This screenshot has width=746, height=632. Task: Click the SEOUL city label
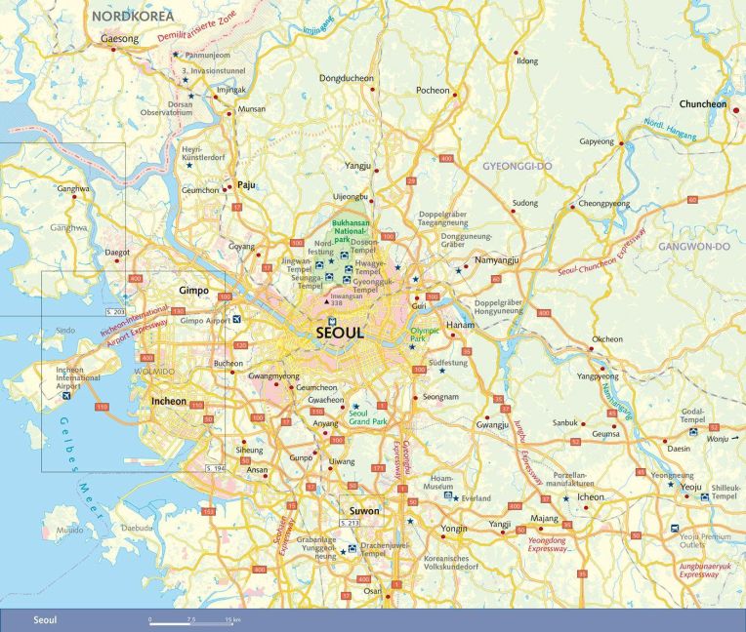(340, 333)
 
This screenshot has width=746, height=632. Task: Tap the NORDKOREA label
(132, 17)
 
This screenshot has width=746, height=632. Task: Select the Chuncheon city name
(704, 103)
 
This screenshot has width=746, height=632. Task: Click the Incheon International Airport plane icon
(65, 396)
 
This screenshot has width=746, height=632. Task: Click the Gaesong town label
(120, 40)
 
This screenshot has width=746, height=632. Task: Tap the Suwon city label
(364, 510)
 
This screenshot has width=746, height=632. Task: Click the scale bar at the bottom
(195, 620)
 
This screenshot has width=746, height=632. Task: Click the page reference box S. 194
(216, 470)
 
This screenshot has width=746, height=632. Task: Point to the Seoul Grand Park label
(368, 417)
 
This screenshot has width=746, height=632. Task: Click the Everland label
(476, 498)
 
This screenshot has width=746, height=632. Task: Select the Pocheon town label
(432, 91)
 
